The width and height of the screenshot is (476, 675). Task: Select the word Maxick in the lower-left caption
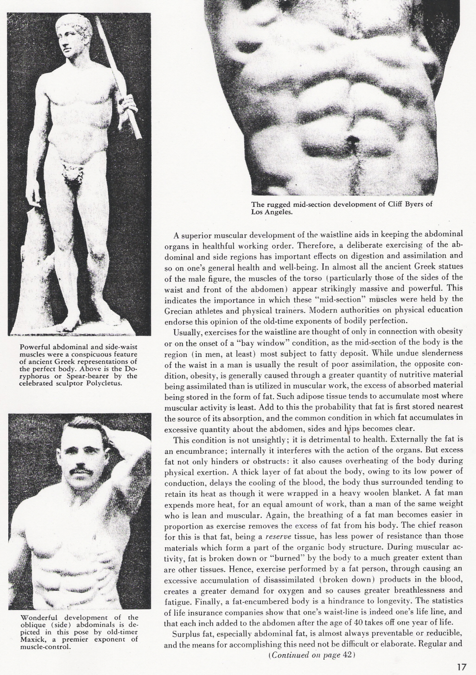[32, 639]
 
